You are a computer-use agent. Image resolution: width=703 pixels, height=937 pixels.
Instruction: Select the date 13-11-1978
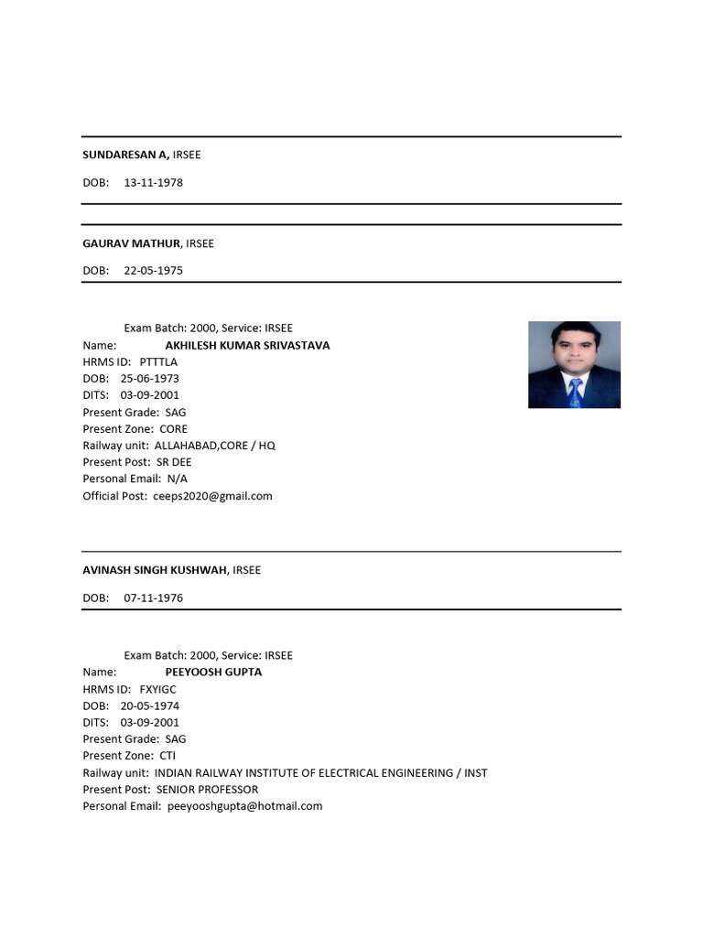153,182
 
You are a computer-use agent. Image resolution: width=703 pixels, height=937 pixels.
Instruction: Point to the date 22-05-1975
153,271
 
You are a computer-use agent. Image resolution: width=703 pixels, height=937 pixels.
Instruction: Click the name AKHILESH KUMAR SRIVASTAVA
247,346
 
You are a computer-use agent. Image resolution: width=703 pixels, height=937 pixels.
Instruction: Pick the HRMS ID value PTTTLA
158,362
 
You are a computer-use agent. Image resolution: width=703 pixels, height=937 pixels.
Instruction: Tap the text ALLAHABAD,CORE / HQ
214,446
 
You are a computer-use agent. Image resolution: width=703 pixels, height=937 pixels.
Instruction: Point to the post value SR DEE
174,462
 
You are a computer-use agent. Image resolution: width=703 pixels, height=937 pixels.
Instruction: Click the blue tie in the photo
574,392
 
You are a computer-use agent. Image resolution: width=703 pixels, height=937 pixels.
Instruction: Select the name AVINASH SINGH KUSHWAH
155,570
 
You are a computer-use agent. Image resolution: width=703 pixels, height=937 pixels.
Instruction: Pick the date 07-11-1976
153,598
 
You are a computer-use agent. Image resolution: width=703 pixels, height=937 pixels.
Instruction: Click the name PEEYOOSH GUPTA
213,672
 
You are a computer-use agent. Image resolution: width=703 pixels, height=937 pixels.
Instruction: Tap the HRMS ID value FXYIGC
157,689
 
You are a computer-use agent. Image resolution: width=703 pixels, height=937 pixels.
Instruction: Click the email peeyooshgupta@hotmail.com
245,806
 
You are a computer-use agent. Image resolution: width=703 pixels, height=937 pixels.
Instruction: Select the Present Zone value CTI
168,756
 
